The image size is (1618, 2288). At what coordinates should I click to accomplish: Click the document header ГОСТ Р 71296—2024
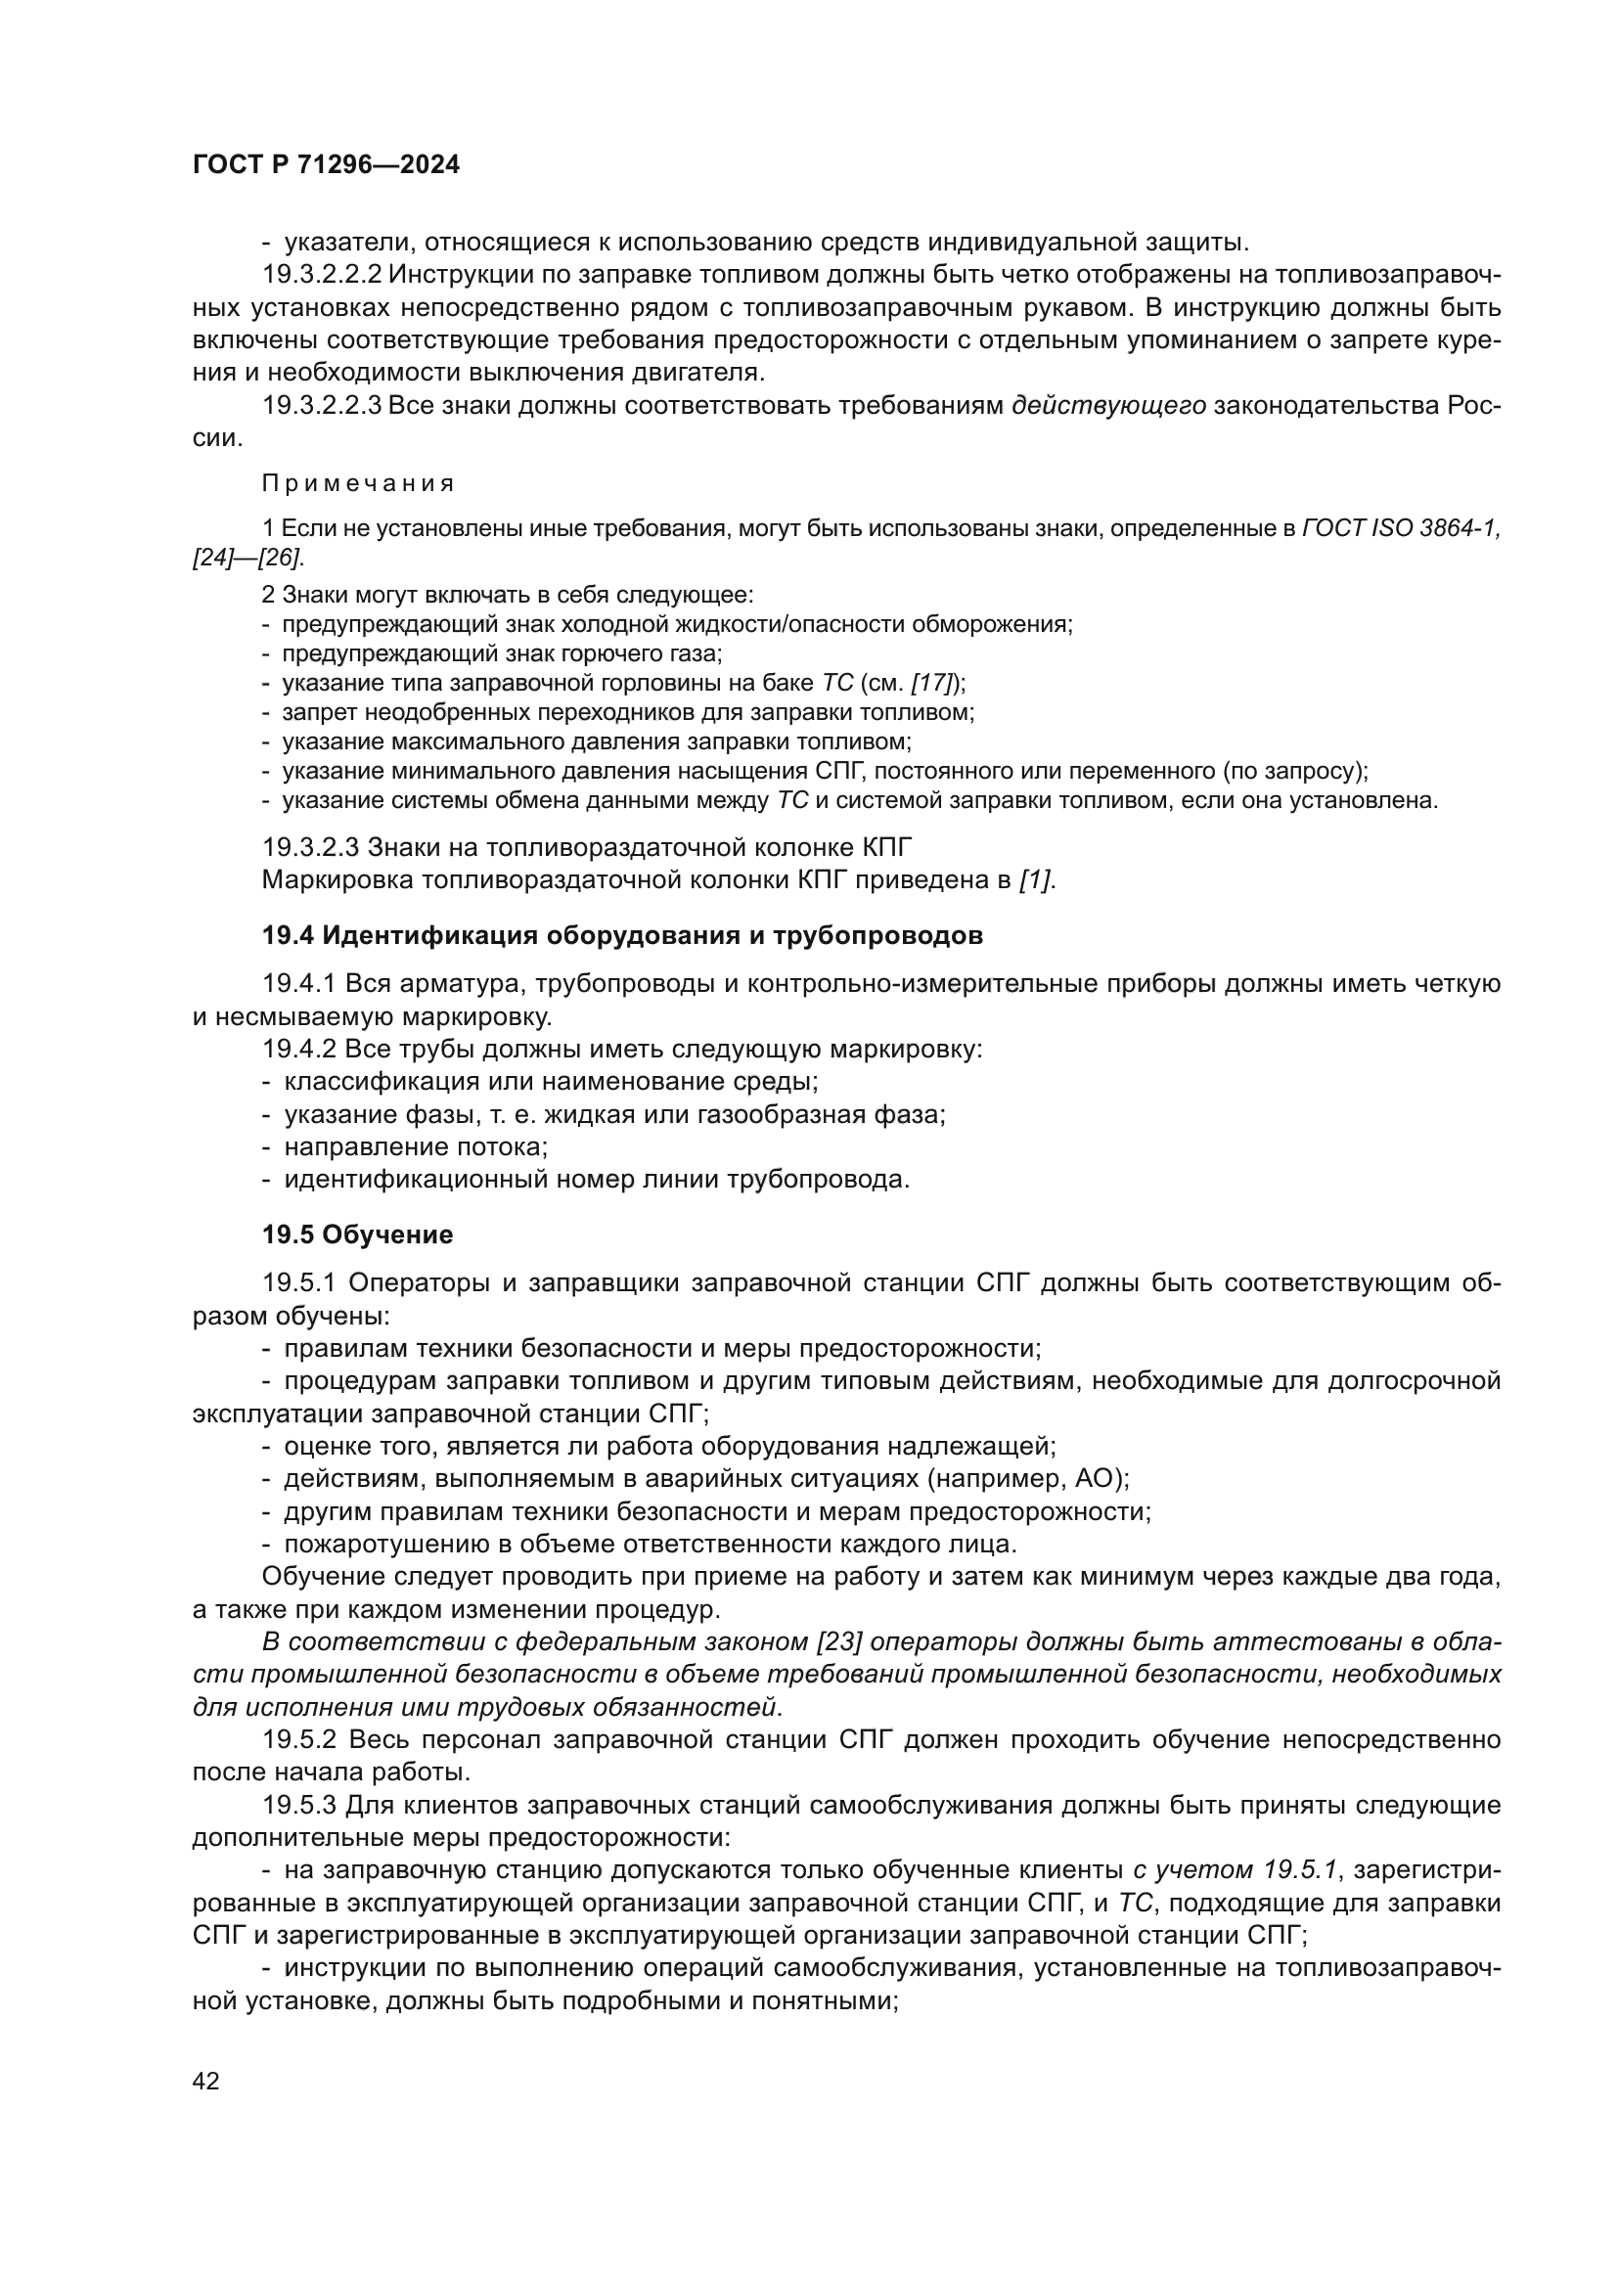coord(326,165)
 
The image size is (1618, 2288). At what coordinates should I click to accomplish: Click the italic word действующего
coord(1109,407)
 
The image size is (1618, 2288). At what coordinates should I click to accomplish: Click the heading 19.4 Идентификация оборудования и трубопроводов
coord(623,936)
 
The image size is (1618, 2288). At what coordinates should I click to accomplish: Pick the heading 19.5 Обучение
coord(358,1235)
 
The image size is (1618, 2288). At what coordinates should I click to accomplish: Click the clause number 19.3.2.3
coord(311,848)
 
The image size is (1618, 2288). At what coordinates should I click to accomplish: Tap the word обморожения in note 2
coord(1001,625)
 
